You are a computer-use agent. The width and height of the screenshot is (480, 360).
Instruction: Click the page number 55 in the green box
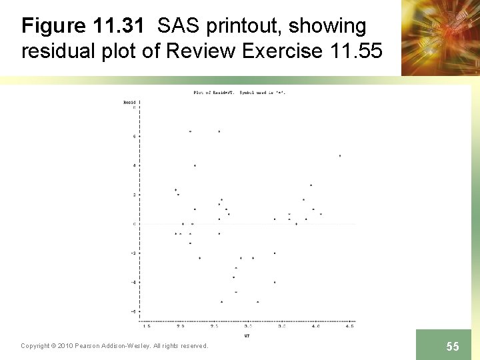coord(453,346)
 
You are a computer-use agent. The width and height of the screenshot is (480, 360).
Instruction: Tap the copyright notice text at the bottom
coord(114,345)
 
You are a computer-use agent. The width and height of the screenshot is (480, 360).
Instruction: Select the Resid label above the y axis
coord(129,102)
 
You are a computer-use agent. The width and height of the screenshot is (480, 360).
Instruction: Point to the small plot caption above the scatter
coord(239,92)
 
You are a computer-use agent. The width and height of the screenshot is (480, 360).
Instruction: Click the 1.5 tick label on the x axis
coord(146,327)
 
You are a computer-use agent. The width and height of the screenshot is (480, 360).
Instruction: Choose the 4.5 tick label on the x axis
coord(349,327)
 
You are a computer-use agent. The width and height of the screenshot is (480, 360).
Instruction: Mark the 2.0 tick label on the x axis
coord(180,327)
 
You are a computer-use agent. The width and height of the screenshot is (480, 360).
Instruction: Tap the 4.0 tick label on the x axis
coord(315,327)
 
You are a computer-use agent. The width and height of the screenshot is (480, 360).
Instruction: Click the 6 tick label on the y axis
coord(135,136)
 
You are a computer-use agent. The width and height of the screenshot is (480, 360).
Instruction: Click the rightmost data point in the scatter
coord(340,156)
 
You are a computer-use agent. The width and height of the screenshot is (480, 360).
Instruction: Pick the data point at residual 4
coord(195,165)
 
